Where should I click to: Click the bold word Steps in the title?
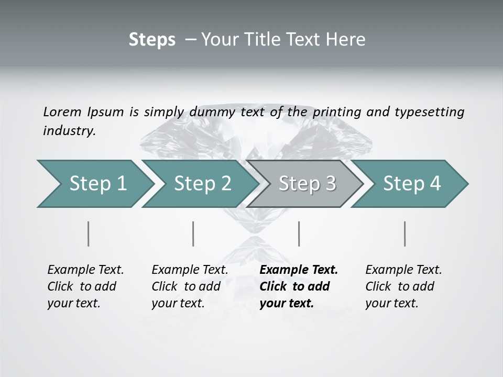tap(152, 39)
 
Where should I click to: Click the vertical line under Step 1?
tap(89, 234)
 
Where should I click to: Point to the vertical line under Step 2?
tap(193, 234)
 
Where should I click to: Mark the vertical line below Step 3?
tap(299, 234)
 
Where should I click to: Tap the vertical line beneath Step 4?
tap(404, 234)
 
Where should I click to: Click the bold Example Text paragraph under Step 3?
tap(299, 286)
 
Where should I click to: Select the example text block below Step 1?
tap(85, 286)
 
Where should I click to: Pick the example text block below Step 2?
tap(190, 286)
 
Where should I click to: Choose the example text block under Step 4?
tap(403, 286)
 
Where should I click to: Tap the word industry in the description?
tap(69, 131)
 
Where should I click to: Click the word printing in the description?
tap(337, 112)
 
